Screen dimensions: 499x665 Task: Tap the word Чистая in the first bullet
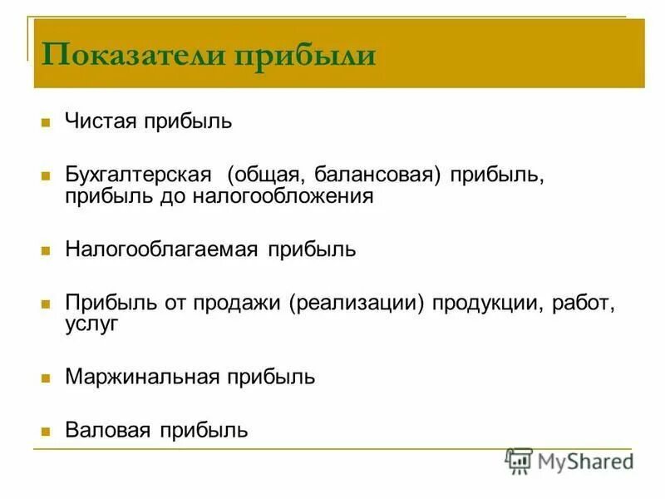pos(101,121)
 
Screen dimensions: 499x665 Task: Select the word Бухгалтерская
pos(137,176)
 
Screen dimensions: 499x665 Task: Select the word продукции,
pos(487,302)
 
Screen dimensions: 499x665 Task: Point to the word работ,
pos(585,302)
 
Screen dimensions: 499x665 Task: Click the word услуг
pos(91,323)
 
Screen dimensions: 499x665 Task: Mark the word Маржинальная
pos(142,377)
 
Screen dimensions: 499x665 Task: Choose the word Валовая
pos(107,430)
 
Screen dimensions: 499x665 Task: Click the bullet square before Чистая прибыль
pos(46,123)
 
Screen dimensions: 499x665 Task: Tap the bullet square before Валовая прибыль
pos(46,432)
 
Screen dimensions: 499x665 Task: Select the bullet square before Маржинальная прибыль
pos(46,378)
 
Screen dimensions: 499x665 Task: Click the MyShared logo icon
pos(519,461)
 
